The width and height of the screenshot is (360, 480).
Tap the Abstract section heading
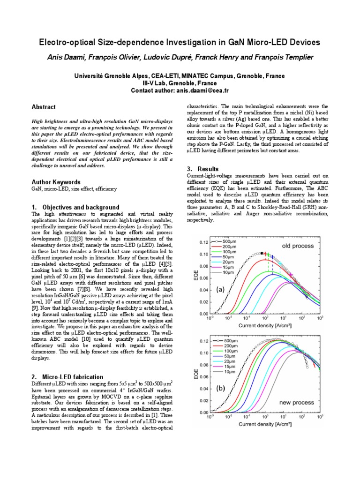point(43,107)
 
